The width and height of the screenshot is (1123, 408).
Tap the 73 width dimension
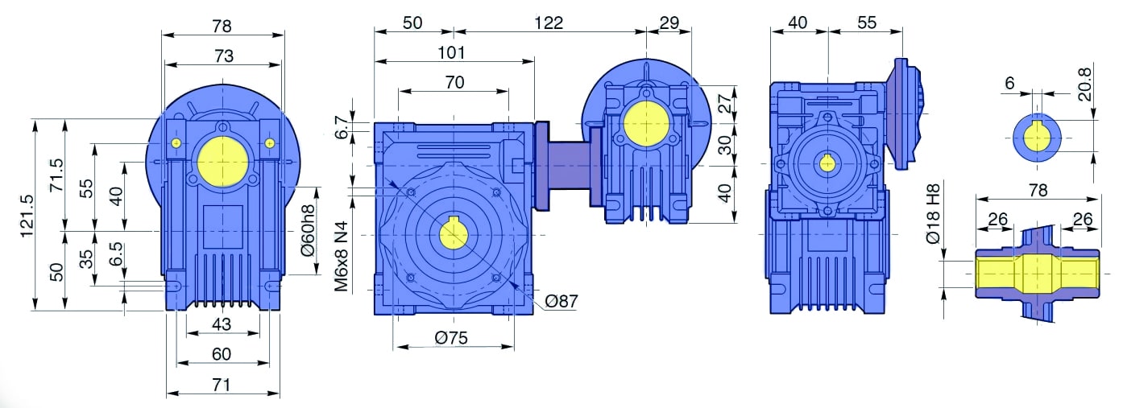coord(224,56)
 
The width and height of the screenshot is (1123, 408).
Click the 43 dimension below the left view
coord(222,324)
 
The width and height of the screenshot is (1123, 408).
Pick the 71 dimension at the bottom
coord(222,385)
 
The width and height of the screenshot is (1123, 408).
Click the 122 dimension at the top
coord(548,23)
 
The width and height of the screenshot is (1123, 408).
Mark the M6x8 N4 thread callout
coord(343,256)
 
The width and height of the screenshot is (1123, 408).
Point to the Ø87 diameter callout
coord(561,301)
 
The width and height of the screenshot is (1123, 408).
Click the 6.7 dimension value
coord(341,127)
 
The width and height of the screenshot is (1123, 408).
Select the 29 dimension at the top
coord(669,23)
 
